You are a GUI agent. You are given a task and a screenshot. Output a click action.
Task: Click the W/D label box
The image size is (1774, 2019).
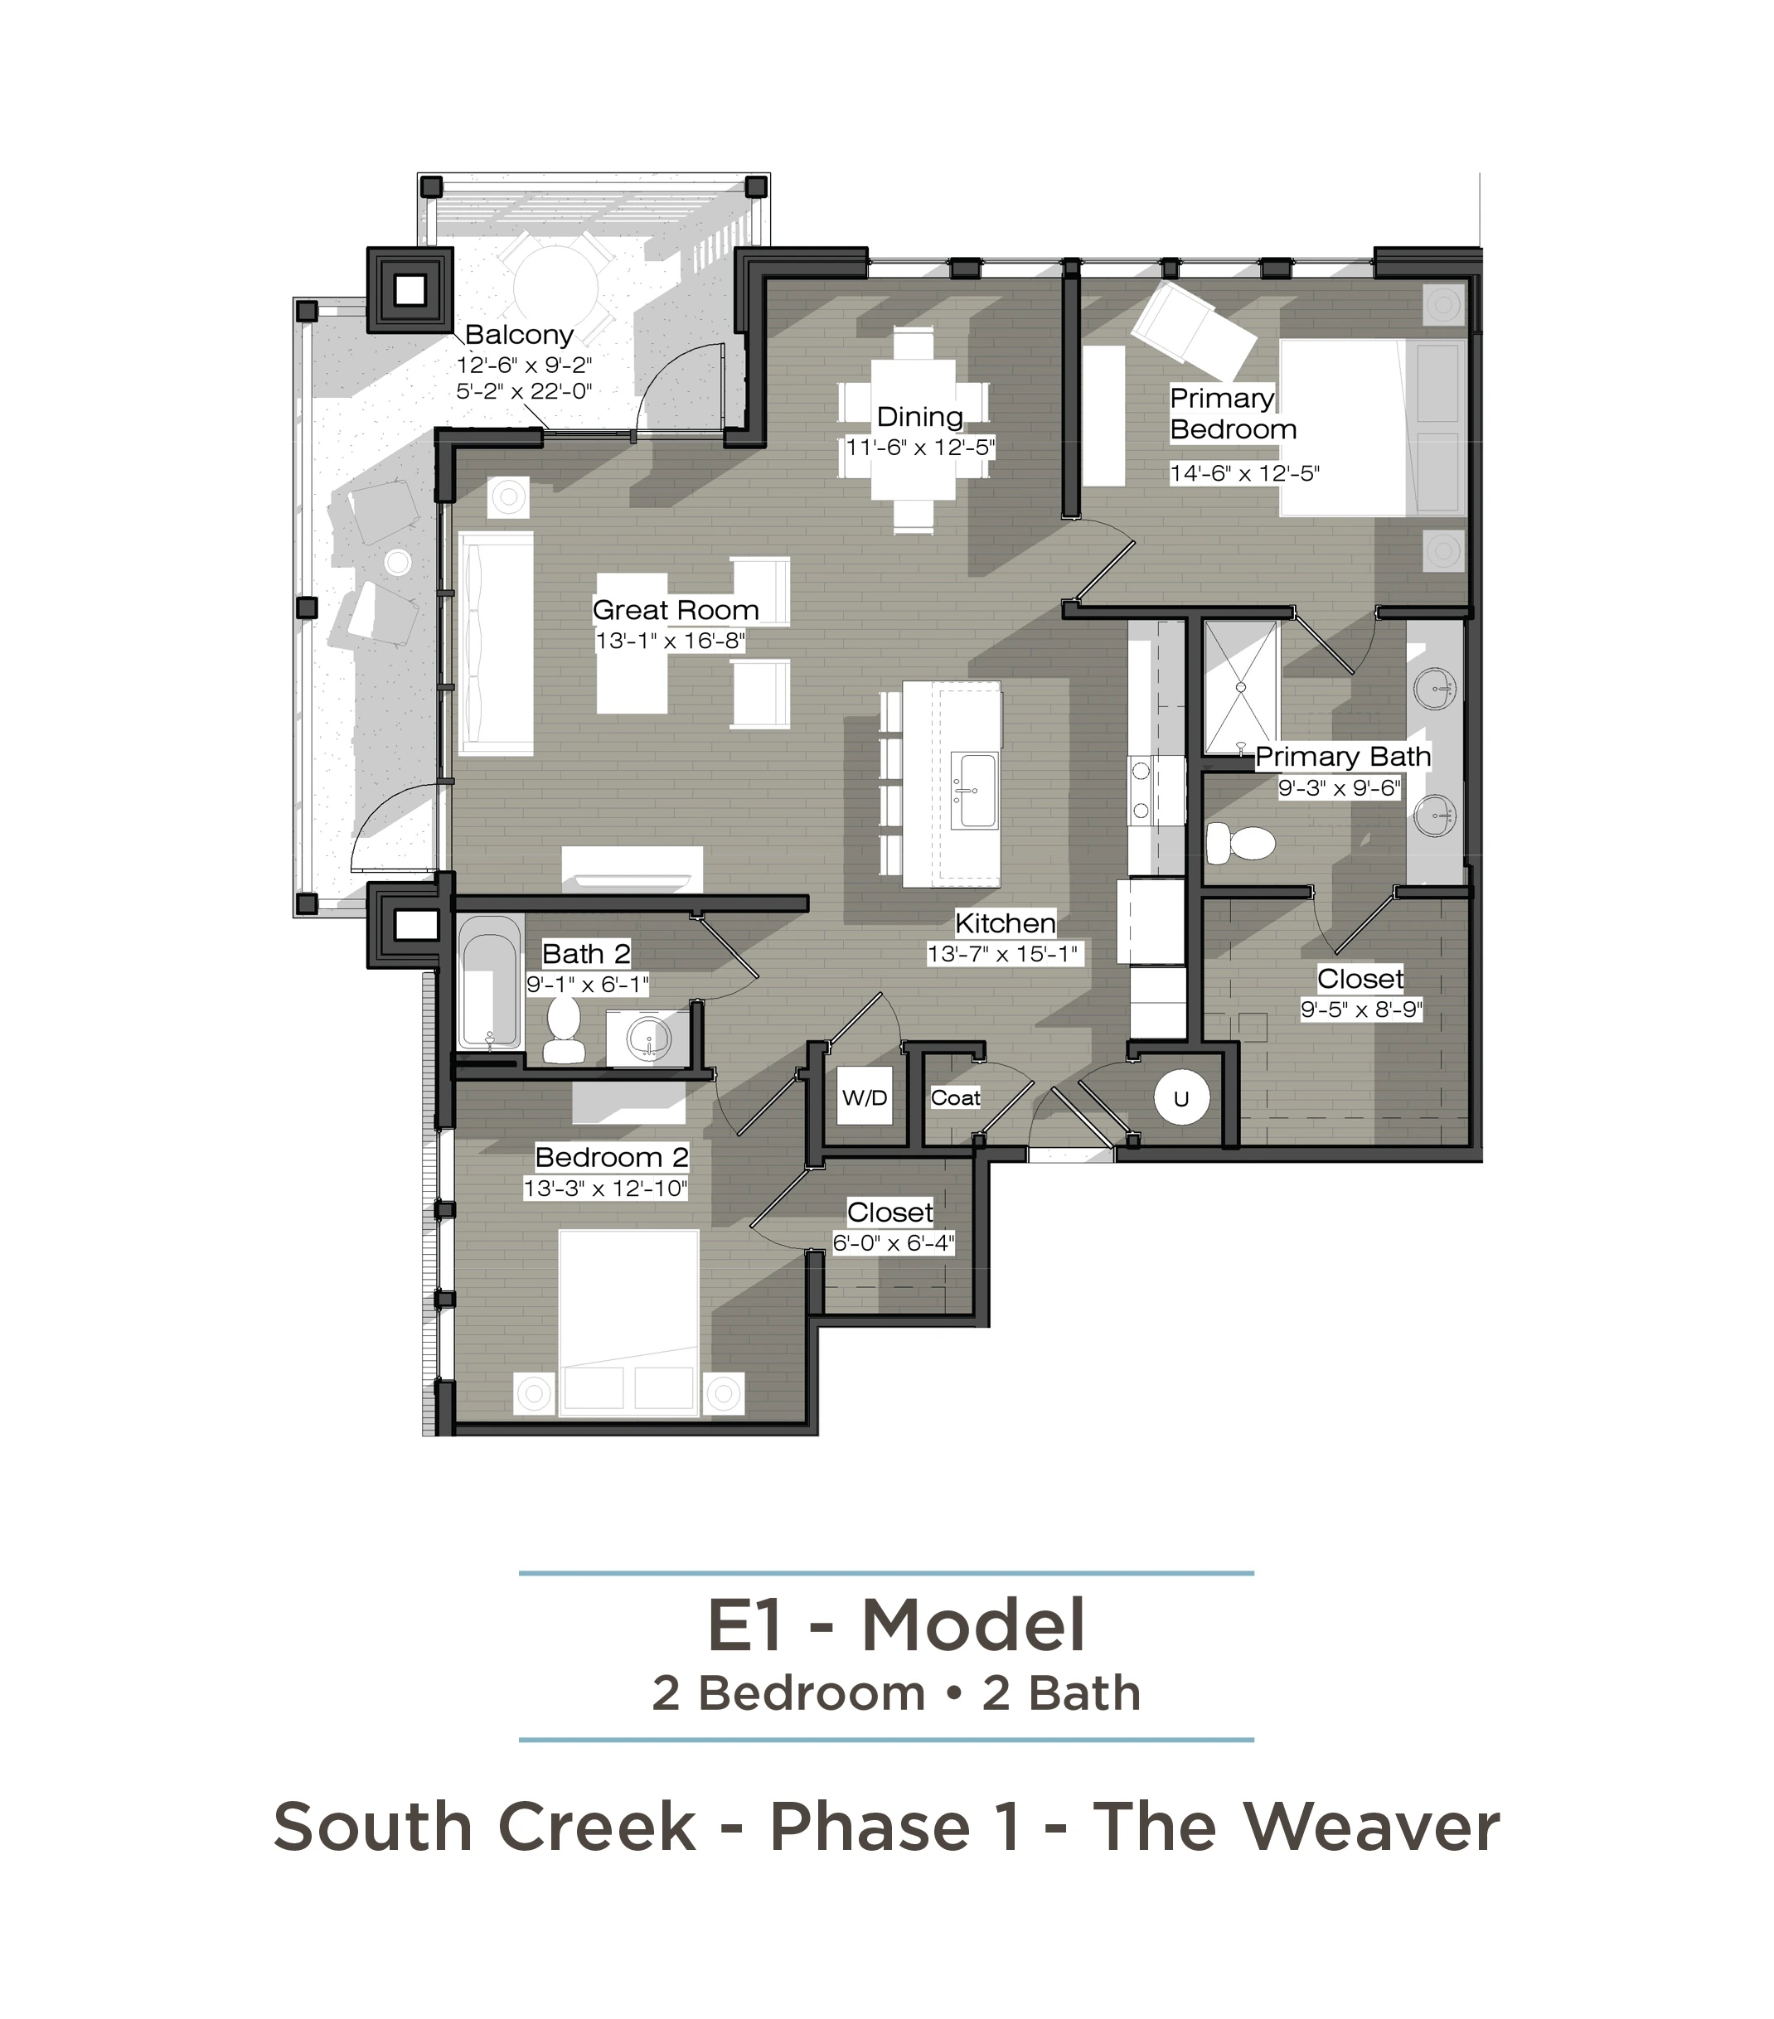click(865, 1097)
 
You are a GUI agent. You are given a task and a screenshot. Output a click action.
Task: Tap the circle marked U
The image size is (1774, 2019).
click(1180, 1098)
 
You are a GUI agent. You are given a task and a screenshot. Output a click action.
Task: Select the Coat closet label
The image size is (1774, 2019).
click(955, 1097)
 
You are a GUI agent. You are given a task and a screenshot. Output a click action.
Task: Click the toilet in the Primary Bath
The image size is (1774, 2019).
click(1241, 844)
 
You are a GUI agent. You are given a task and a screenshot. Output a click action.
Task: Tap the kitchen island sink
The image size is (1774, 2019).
click(974, 790)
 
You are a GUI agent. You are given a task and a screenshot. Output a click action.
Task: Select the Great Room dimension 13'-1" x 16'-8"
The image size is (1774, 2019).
click(670, 641)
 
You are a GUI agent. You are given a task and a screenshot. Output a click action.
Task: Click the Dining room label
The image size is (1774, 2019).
click(919, 417)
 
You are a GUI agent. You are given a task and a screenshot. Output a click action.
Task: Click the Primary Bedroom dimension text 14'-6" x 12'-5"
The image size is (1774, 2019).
click(1244, 473)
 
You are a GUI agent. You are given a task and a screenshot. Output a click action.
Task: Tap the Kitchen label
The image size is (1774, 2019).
click(1006, 922)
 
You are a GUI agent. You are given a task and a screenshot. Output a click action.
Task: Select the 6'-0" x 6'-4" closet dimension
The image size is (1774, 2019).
click(893, 1242)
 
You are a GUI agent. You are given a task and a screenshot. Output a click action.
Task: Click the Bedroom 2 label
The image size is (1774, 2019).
click(612, 1157)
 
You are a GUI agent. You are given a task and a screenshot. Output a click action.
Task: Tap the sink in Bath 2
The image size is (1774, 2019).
click(647, 1036)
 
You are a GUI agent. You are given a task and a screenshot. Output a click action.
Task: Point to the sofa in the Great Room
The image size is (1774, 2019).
click(496, 643)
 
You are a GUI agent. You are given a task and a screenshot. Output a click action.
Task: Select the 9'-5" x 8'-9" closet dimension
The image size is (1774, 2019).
click(1361, 1009)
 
